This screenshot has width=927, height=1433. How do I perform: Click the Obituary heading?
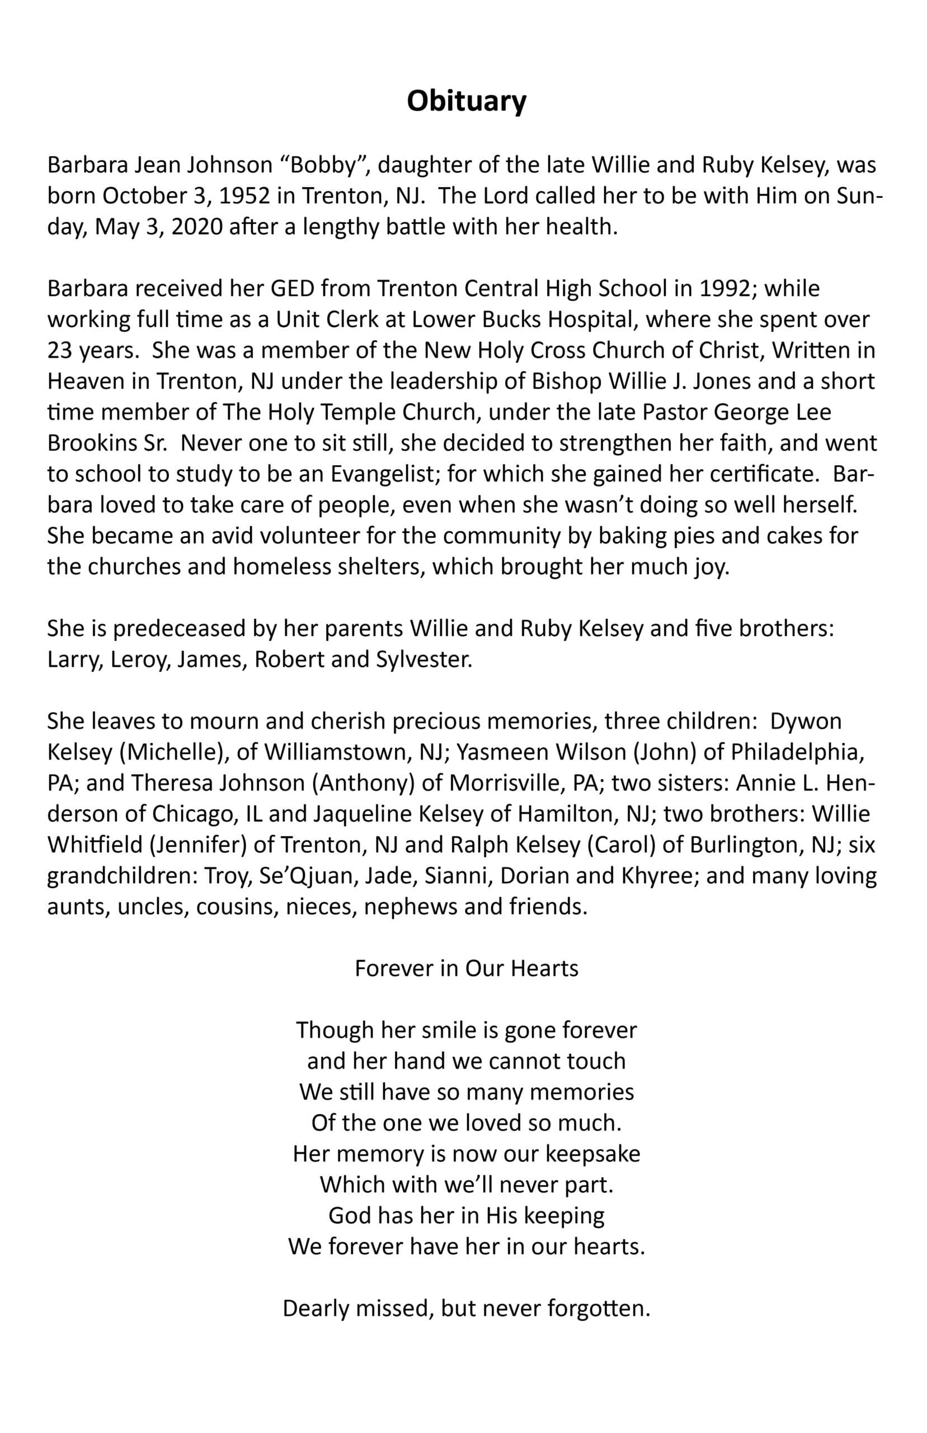coord(467,101)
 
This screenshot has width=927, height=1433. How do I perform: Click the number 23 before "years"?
coord(60,350)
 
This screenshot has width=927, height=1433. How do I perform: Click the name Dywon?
coord(806,722)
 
